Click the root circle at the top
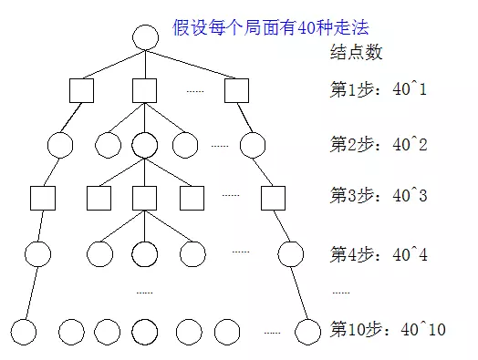[x=146, y=37]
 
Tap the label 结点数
[x=356, y=52]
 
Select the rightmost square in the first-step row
[x=237, y=90]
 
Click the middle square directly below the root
[x=145, y=90]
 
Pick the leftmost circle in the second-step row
[x=59, y=144]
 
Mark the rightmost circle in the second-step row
[x=252, y=144]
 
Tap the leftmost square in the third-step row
[x=43, y=197]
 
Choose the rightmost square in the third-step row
[x=272, y=197]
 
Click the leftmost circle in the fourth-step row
[x=36, y=253]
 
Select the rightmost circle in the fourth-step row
[x=291, y=253]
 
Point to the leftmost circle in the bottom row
[x=24, y=330]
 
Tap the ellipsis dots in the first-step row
[x=195, y=91]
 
